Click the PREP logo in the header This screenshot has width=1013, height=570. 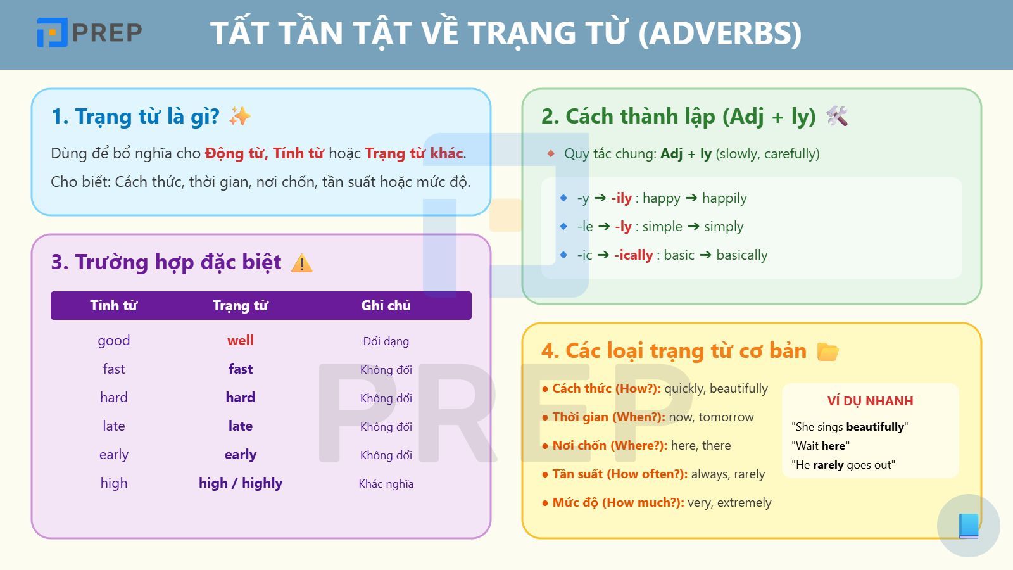click(89, 32)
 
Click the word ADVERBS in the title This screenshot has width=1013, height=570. click(720, 34)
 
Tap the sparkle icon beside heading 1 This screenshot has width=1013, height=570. click(240, 117)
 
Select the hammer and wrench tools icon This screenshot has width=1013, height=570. click(837, 117)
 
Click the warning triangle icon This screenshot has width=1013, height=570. click(302, 263)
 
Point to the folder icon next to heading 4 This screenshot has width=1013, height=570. click(827, 351)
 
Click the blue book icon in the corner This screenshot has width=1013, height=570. click(969, 526)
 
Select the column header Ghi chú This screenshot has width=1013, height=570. click(386, 305)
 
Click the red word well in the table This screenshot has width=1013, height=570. click(241, 341)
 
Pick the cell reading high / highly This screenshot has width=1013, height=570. click(241, 483)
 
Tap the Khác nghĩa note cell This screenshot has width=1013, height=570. click(386, 484)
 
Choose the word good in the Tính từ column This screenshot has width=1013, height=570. click(114, 341)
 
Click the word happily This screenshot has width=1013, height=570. click(724, 198)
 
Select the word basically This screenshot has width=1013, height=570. click(741, 255)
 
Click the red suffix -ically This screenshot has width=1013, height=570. click(634, 255)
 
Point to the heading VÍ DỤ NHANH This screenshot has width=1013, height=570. click(870, 401)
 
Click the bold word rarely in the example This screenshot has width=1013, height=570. click(828, 465)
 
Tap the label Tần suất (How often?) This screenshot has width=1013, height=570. click(619, 474)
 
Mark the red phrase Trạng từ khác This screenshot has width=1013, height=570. click(414, 153)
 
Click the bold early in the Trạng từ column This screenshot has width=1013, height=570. click(241, 455)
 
